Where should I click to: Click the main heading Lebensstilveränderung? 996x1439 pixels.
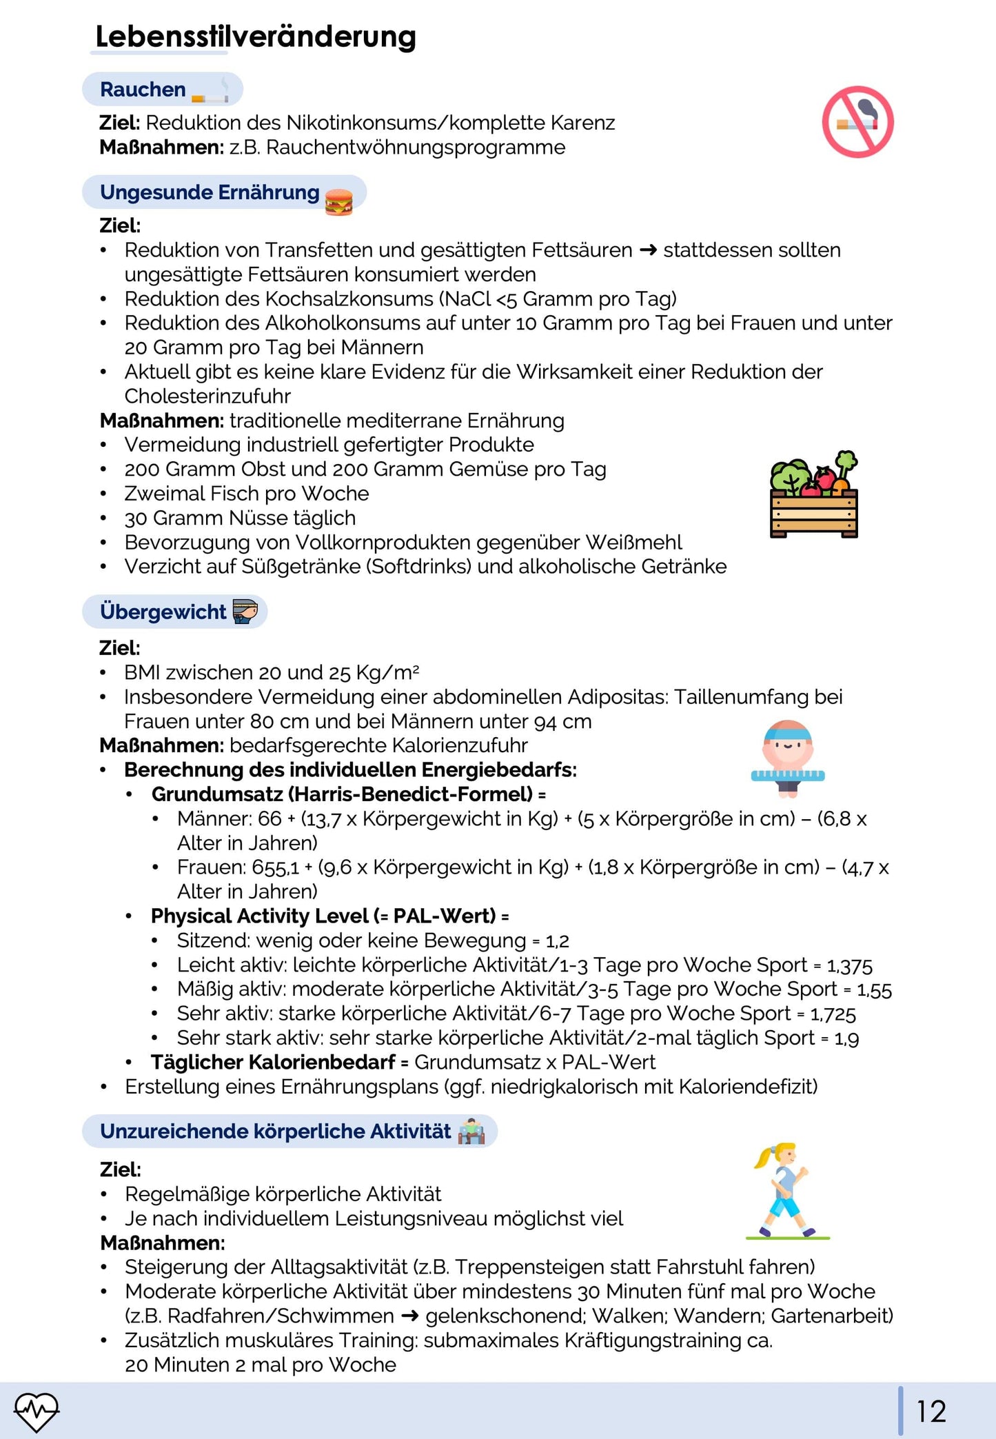255,37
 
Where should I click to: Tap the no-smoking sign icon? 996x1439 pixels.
857,122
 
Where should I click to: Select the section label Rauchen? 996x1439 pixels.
143,90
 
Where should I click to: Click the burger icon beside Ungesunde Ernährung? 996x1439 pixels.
338,202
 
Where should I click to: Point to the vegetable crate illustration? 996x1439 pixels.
814,495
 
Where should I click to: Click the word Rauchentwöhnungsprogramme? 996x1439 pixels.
416,148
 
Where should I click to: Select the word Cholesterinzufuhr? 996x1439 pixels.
207,396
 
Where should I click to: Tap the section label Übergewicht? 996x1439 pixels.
163,612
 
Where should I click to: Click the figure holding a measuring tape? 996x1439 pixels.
788,758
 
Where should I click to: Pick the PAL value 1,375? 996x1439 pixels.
849,965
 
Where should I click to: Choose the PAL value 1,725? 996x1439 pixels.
833,1014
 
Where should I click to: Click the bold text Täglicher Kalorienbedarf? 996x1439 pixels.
273,1063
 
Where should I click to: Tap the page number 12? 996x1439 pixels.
931,1411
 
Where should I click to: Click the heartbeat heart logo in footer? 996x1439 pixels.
37,1411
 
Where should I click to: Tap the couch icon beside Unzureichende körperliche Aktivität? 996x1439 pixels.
471,1131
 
